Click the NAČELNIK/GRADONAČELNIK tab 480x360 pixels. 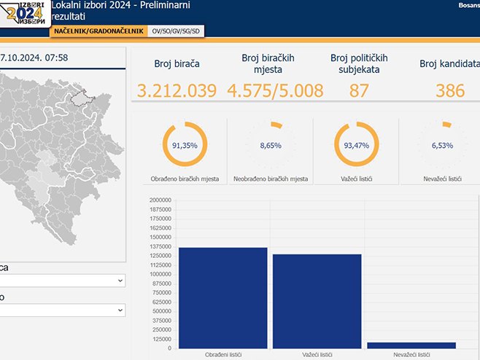coord(98,31)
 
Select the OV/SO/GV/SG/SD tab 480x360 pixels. coord(176,31)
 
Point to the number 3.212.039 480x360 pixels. coord(177,91)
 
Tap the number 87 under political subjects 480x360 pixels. coord(359,91)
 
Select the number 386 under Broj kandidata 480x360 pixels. coord(450,91)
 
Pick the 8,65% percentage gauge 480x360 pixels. coord(270,145)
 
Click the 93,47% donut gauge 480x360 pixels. coord(356,145)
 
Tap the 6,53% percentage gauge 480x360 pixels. coord(442,145)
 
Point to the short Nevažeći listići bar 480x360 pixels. coord(411,345)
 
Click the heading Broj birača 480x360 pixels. coord(177,64)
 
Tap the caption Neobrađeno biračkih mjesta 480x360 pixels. coord(270,179)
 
